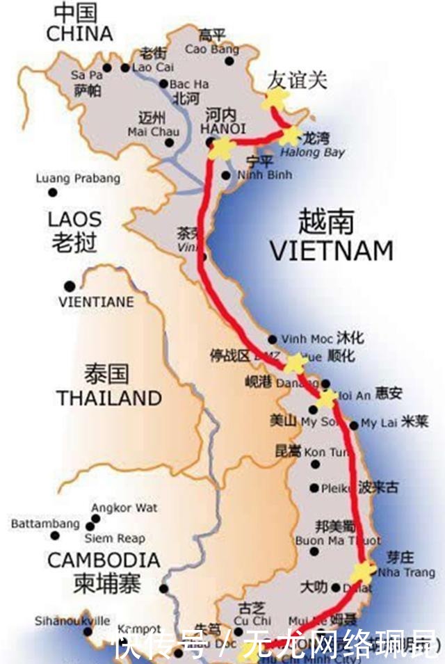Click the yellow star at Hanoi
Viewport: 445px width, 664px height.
point(222,147)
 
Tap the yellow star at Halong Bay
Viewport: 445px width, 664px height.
point(291,135)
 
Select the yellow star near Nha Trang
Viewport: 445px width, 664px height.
point(362,572)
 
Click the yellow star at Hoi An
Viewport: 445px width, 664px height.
point(327,398)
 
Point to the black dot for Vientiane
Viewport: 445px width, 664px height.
point(69,286)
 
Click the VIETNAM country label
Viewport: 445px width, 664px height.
point(331,250)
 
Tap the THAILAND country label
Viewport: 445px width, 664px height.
point(109,398)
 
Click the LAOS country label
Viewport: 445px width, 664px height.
point(74,219)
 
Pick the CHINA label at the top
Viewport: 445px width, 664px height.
point(79,33)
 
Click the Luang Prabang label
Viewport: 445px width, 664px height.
point(78,179)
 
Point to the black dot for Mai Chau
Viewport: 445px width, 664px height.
point(169,143)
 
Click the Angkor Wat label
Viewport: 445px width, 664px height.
point(124,508)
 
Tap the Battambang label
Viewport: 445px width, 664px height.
point(45,524)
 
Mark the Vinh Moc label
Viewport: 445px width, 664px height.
point(307,339)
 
